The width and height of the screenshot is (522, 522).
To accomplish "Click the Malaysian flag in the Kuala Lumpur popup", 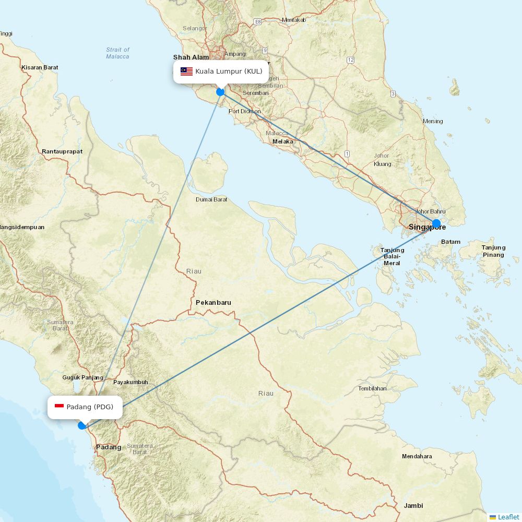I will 186,72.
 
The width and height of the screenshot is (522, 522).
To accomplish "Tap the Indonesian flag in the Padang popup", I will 59,407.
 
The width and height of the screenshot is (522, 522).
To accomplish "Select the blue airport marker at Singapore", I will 436,223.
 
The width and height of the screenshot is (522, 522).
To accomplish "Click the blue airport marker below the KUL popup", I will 220,92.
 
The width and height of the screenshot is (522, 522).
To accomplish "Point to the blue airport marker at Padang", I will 82,425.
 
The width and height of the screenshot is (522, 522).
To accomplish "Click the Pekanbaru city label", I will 213,303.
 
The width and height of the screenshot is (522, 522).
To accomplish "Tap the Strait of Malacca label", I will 117,53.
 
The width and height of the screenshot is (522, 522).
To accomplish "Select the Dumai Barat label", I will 211,199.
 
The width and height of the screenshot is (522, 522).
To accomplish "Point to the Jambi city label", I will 413,505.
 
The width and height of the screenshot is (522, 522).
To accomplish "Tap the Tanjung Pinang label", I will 493,251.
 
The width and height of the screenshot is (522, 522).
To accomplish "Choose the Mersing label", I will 433,121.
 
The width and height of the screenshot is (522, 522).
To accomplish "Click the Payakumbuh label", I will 130,382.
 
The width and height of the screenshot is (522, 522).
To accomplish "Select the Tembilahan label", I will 372,388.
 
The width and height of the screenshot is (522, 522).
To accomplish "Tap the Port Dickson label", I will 244,111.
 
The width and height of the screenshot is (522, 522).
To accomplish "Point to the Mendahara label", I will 417,456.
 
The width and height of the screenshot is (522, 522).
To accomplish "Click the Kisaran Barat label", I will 40,67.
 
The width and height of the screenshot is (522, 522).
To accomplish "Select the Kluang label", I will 383,164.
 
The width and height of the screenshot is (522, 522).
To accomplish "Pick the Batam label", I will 450,242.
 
